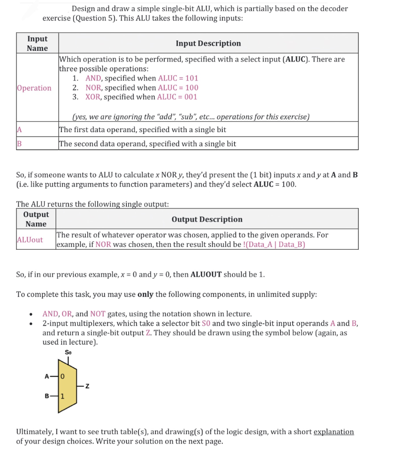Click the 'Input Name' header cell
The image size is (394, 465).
pos(37,44)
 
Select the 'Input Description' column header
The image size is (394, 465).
pos(208,44)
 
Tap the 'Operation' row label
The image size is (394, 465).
pos(34,88)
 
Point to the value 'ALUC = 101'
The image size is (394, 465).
pos(177,78)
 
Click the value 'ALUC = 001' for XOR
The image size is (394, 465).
pos(177,97)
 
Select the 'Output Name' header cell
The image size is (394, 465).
pos(36,219)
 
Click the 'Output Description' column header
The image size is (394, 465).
pos(207,219)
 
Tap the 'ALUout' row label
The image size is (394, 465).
pos(30,240)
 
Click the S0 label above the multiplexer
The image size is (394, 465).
pos(68,352)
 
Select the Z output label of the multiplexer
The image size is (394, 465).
pos(86,386)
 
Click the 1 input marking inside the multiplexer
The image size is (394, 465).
pos(63,396)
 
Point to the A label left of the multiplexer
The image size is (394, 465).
pos(46,376)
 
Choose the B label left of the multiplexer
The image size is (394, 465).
pos(46,396)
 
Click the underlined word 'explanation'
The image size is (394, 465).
pos(334,431)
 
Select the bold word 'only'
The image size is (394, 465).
pos(145,294)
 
